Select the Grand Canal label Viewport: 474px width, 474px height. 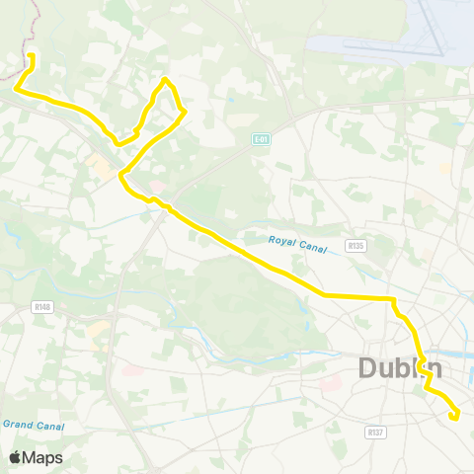pos(33,425)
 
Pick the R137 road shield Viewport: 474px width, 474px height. pos(374,432)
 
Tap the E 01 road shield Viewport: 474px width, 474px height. pos(261,139)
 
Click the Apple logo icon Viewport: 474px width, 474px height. pos(15,457)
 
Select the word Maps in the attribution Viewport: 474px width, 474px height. pos(42,457)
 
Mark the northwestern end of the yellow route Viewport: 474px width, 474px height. pos(32,55)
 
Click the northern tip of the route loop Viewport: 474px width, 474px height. pos(166,79)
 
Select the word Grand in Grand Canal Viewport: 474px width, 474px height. pos(20,425)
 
